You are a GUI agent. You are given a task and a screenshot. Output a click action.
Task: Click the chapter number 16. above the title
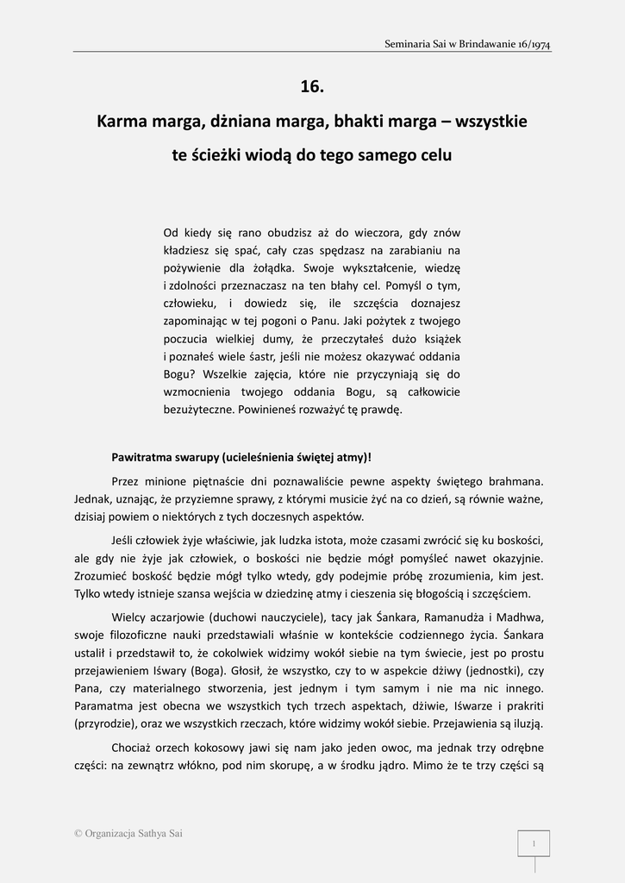pos(312,85)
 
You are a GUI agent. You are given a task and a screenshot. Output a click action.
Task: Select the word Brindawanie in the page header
pos(482,43)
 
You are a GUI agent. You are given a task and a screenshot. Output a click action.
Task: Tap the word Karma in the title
pos(122,122)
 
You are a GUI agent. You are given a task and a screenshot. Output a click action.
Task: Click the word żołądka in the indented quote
pos(271,267)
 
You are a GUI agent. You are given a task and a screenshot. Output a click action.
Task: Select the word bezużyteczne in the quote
pos(198,410)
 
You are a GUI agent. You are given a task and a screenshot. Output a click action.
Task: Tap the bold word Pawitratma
pos(144,456)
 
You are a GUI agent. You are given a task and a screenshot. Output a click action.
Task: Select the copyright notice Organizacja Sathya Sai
pos(134,834)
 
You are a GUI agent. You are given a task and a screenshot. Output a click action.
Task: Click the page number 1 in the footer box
pos(534,843)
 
